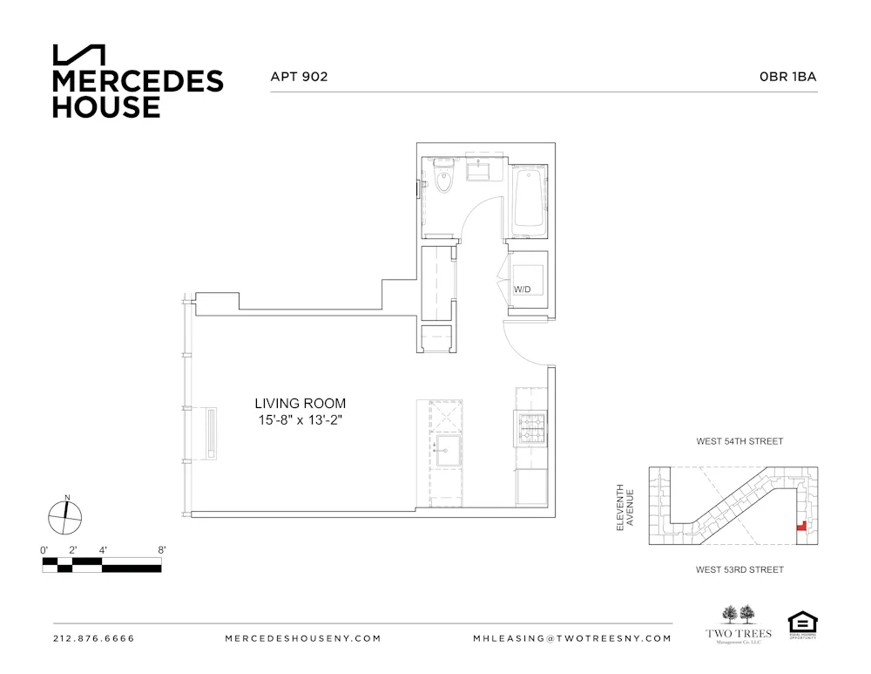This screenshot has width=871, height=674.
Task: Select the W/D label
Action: [522, 289]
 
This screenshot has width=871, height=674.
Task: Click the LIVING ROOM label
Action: [300, 403]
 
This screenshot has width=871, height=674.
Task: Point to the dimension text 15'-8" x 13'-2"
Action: [300, 420]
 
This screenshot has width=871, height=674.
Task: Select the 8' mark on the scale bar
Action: [161, 550]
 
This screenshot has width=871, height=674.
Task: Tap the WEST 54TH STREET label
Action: [739, 442]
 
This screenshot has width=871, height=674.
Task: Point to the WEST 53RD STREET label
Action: [739, 570]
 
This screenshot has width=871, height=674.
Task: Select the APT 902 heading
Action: [300, 77]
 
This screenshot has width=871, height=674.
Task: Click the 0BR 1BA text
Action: [787, 77]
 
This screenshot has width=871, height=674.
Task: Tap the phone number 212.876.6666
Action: [94, 638]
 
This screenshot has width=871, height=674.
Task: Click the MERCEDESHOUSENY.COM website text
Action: [302, 638]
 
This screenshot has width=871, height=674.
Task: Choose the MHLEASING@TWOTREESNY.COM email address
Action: [572, 638]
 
